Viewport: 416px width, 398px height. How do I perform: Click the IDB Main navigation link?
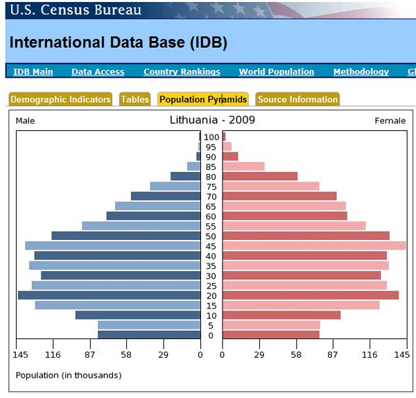coord(33,71)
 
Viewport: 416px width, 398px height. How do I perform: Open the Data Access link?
coord(98,71)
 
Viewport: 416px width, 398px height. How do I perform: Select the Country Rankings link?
coord(182,71)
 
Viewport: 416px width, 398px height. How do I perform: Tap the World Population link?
coord(277,71)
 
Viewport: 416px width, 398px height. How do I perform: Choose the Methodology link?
coord(361,71)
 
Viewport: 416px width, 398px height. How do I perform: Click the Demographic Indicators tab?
coord(60,99)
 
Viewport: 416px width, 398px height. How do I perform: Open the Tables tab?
coord(135,99)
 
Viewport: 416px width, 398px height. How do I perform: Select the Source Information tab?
coord(297,99)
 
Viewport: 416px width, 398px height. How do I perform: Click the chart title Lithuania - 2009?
coord(212,120)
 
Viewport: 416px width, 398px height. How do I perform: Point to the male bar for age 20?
coord(110,295)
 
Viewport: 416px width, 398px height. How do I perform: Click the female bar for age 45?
coord(314,245)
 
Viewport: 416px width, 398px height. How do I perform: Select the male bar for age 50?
coord(126,236)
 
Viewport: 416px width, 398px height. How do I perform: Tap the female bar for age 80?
coord(260,176)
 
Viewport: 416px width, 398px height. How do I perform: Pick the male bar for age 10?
coord(138,315)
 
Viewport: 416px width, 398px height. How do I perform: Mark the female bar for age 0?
coord(271,335)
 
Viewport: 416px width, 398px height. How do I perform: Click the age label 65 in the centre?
coord(211,207)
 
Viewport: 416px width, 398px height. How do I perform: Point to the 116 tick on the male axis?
coord(53,355)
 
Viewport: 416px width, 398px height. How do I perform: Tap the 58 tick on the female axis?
coord(296,355)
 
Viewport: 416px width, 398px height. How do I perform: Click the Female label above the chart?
coord(390,121)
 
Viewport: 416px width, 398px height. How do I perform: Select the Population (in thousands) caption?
coord(69,375)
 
